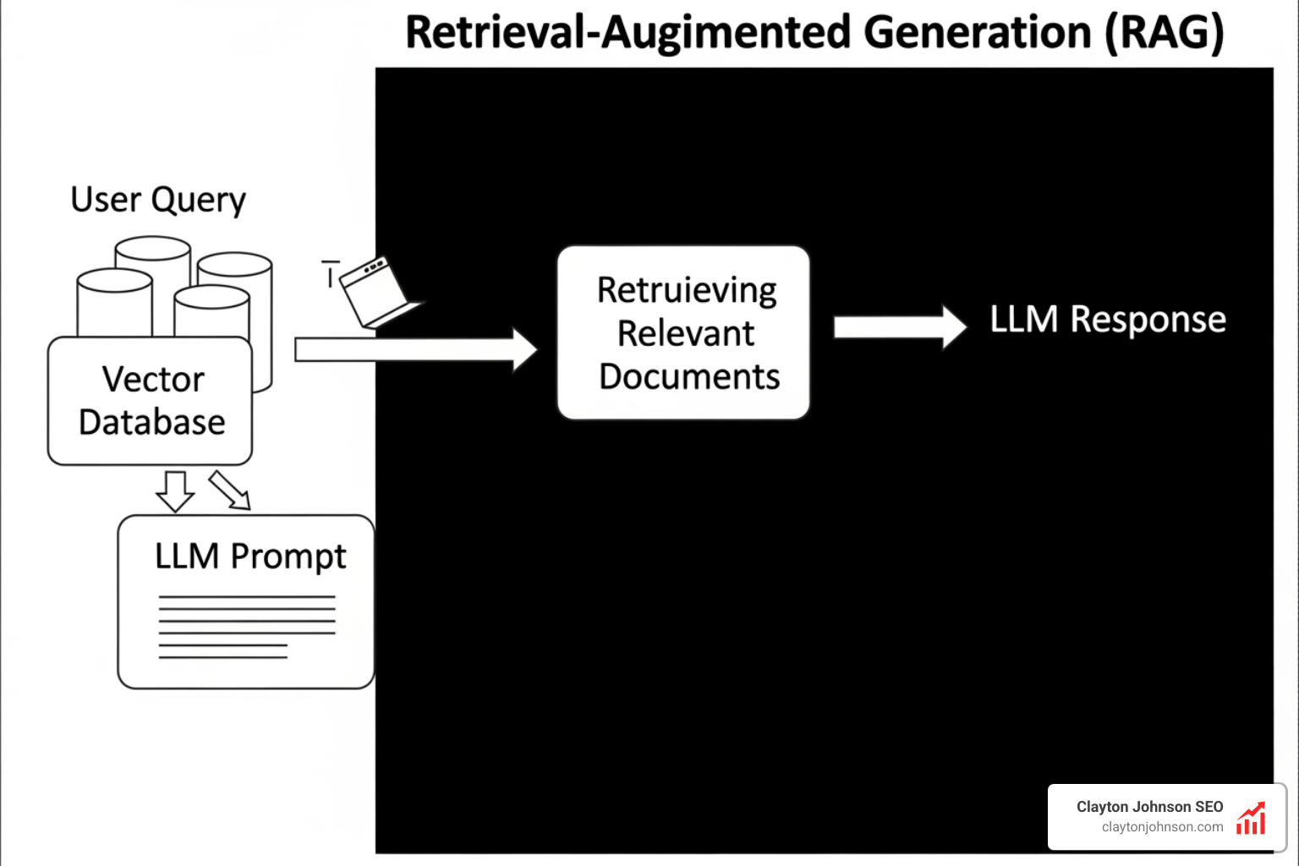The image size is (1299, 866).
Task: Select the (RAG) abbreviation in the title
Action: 1165,33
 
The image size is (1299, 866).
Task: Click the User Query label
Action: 158,200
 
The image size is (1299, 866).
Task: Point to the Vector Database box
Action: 151,401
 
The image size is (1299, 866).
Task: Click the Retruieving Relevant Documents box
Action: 683,332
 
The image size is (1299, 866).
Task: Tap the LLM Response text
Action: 1108,320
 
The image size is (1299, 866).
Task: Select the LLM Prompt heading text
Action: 250,556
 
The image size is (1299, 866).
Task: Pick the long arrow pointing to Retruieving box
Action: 414,348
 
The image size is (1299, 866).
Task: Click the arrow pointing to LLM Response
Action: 899,327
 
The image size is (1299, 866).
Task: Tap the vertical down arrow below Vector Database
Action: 175,491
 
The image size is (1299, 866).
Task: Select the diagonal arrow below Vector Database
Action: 230,490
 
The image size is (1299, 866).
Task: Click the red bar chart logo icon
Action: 1251,818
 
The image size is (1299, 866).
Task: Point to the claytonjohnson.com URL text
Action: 1162,827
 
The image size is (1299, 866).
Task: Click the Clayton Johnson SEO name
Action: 1149,807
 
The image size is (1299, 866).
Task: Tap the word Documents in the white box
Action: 689,376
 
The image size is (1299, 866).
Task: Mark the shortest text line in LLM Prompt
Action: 223,656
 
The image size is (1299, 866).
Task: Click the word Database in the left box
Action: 152,422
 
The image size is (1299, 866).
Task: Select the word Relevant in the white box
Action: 686,333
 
